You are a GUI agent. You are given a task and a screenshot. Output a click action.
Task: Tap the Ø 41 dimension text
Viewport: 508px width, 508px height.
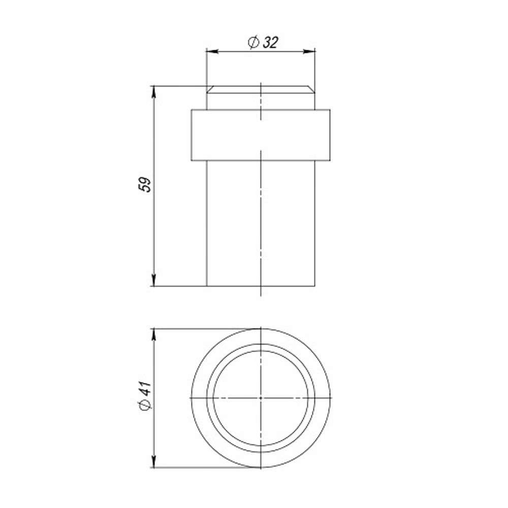click(144, 397)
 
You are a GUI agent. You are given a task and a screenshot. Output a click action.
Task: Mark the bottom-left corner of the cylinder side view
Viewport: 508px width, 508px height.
click(206, 286)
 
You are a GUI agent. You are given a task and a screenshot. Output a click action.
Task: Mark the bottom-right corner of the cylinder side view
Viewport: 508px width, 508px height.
click(315, 286)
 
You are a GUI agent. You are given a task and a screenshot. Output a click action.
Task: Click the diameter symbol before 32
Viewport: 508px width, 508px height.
click(254, 43)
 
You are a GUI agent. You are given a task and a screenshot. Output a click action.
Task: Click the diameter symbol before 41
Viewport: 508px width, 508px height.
click(144, 405)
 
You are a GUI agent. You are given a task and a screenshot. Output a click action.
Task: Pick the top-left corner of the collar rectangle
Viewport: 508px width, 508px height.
click(192, 109)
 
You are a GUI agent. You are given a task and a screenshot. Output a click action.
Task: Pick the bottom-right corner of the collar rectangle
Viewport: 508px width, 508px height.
click(330, 161)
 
